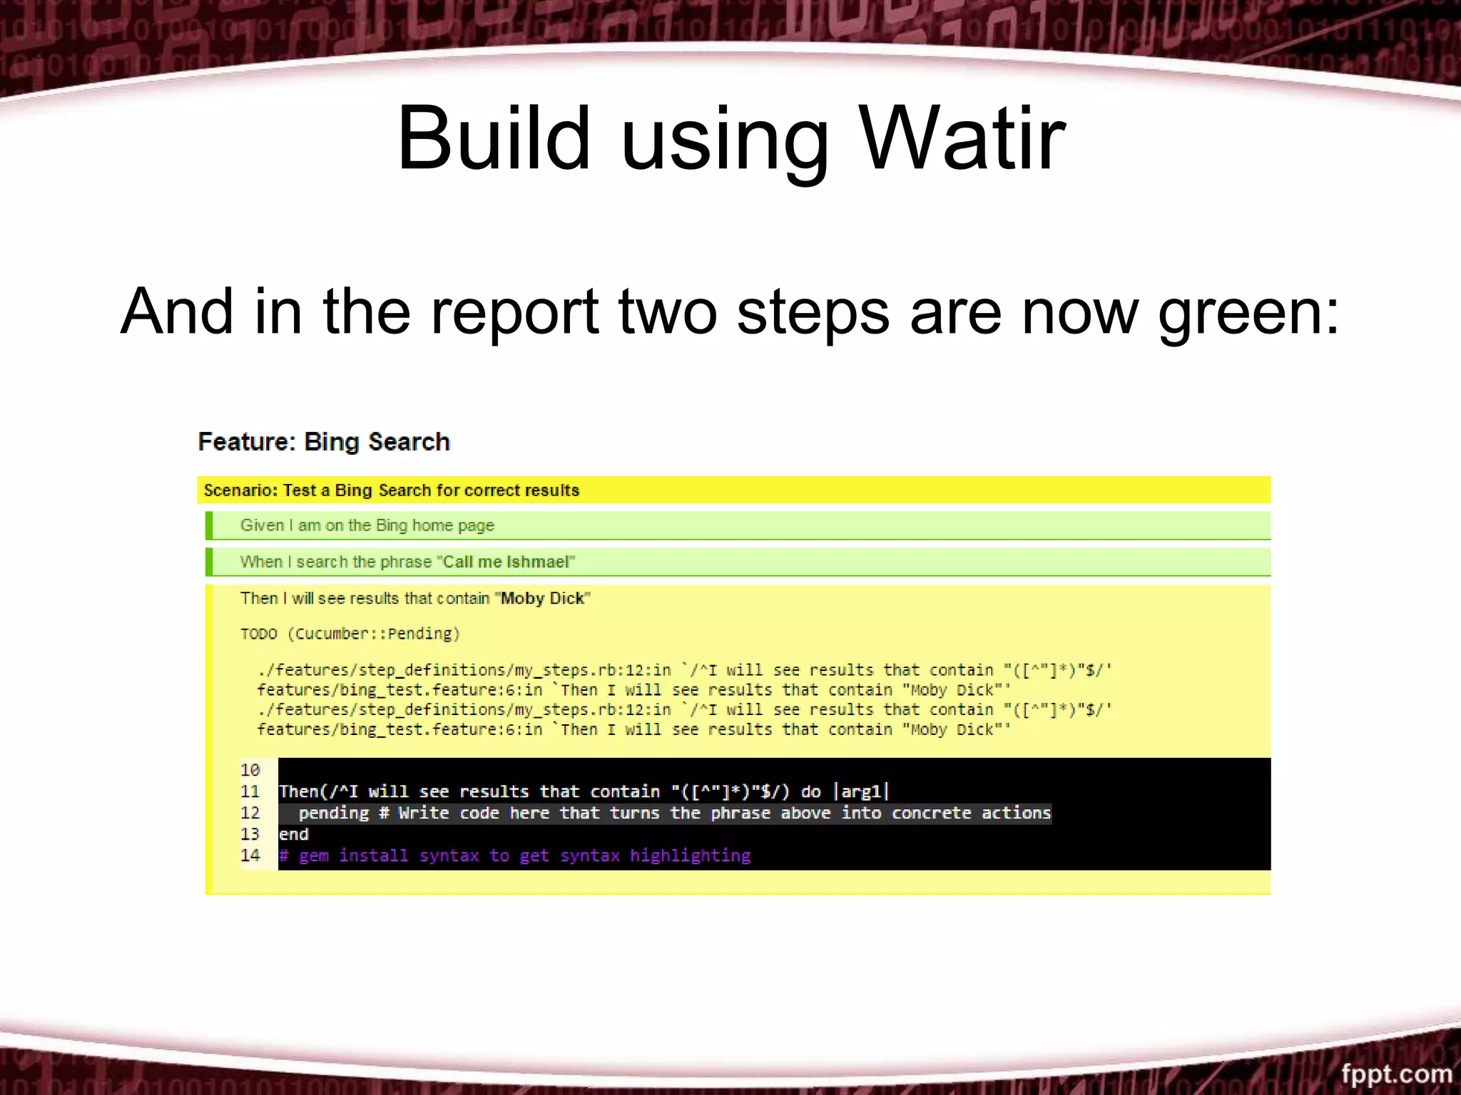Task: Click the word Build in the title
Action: click(494, 139)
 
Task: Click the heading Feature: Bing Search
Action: click(324, 442)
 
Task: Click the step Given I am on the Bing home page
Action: click(367, 525)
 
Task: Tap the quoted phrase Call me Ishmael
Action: click(506, 562)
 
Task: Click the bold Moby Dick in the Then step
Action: click(542, 598)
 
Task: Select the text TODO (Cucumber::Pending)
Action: click(350, 634)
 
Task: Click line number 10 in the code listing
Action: click(250, 770)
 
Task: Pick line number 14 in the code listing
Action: click(250, 855)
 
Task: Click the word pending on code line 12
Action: click(333, 813)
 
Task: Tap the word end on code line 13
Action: click(293, 835)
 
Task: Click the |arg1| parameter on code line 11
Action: click(862, 792)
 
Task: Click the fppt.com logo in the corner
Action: click(1395, 1074)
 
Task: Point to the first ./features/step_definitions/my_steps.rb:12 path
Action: click(464, 670)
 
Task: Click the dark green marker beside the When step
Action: click(209, 562)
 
